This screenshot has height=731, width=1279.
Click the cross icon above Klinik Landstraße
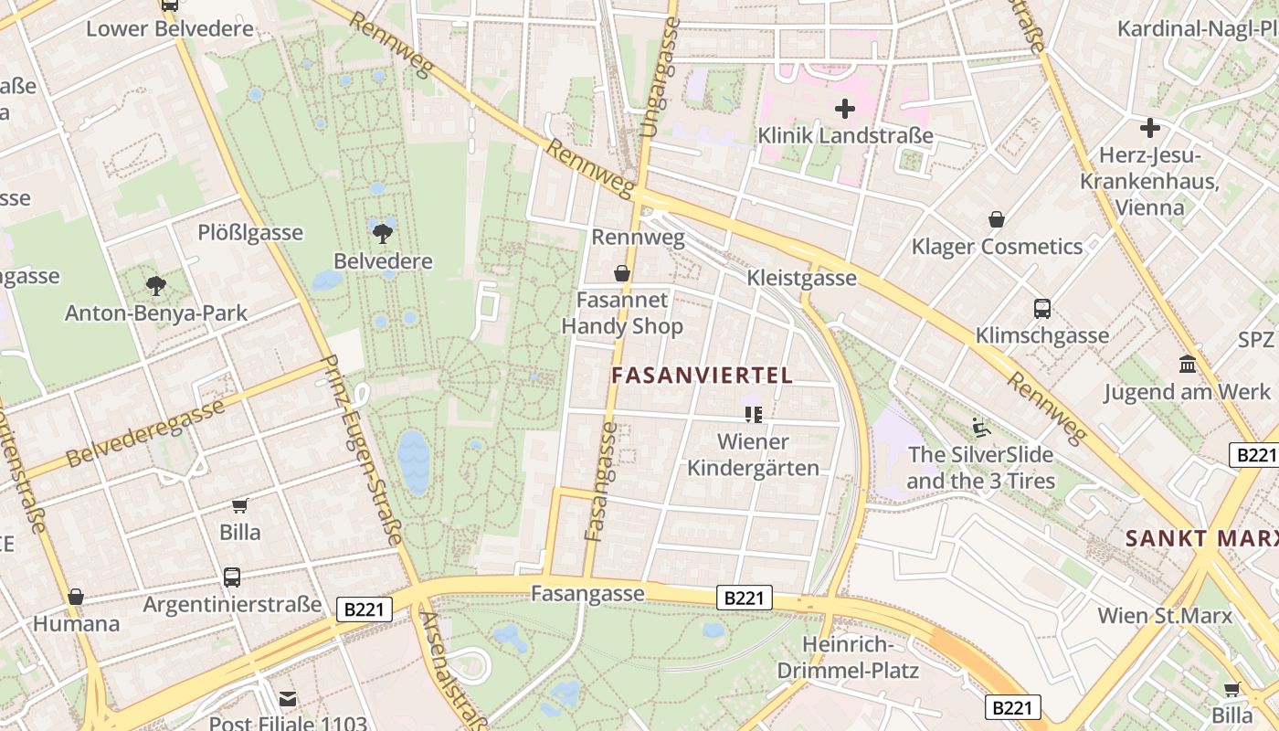click(845, 110)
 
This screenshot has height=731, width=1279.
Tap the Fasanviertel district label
click(702, 375)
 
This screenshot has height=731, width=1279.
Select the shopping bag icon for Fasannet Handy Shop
click(622, 273)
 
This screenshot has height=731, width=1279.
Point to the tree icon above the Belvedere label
click(383, 232)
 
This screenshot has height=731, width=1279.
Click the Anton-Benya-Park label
click(156, 313)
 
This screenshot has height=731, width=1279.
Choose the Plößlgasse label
click(250, 233)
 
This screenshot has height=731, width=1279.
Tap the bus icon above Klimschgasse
click(1042, 309)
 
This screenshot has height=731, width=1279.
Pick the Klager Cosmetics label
click(997, 247)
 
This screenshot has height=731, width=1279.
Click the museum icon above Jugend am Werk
click(1188, 365)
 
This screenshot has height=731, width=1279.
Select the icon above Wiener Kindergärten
click(754, 415)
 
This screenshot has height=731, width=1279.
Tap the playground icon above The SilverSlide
click(981, 427)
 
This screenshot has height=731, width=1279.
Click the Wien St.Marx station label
click(1165, 616)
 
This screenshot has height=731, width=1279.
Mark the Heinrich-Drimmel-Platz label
click(848, 657)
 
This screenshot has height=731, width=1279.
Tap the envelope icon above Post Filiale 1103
click(288, 700)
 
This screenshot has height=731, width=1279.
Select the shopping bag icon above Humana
click(76, 598)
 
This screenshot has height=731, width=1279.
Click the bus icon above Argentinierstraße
click(232, 577)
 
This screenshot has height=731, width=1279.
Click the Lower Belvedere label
click(170, 28)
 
